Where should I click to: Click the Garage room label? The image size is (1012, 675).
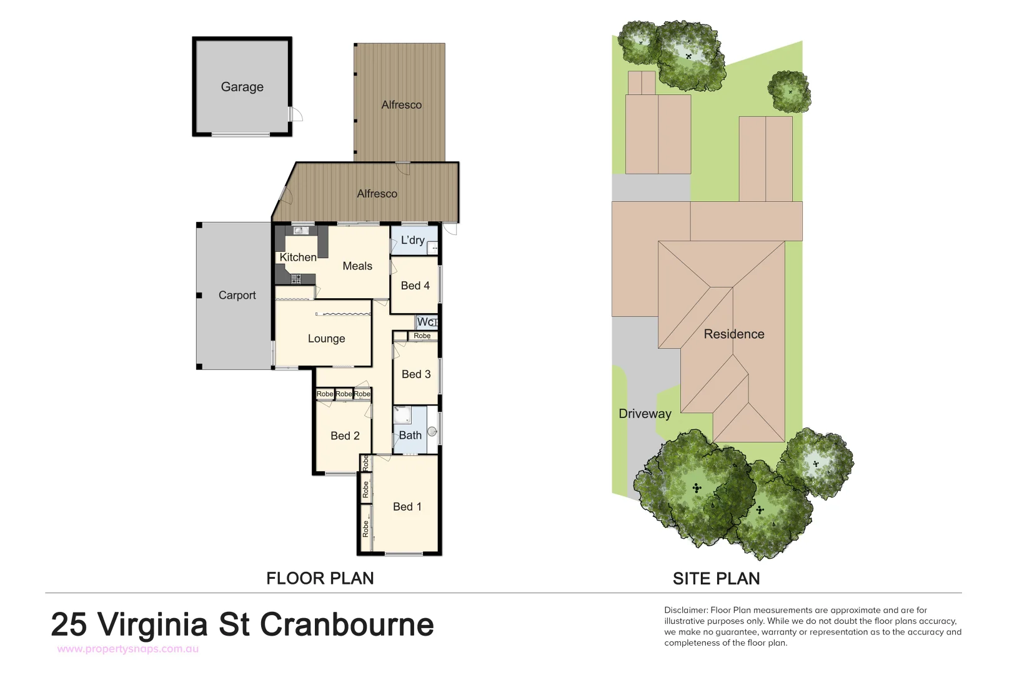(242, 87)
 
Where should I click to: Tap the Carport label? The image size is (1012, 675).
(237, 295)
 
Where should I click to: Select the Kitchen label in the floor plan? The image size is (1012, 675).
(298, 257)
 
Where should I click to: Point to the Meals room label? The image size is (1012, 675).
(357, 266)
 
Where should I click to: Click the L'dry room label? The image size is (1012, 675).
(412, 240)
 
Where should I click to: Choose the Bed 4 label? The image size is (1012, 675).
(415, 286)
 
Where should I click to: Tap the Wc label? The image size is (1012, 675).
(425, 322)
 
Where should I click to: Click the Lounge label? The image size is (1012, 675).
(326, 338)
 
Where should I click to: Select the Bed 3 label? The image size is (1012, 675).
(416, 374)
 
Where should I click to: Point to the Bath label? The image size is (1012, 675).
(410, 435)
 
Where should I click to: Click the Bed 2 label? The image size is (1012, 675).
(345, 436)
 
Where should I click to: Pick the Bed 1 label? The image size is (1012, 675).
(407, 506)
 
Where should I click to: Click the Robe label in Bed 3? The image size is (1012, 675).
(422, 336)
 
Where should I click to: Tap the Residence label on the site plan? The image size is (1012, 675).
(734, 334)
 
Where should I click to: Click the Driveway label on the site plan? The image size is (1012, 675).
(645, 413)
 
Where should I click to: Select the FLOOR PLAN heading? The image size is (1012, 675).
(320, 578)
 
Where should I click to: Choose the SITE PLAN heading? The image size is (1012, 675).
(716, 579)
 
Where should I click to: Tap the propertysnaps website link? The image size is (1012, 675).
(128, 649)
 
